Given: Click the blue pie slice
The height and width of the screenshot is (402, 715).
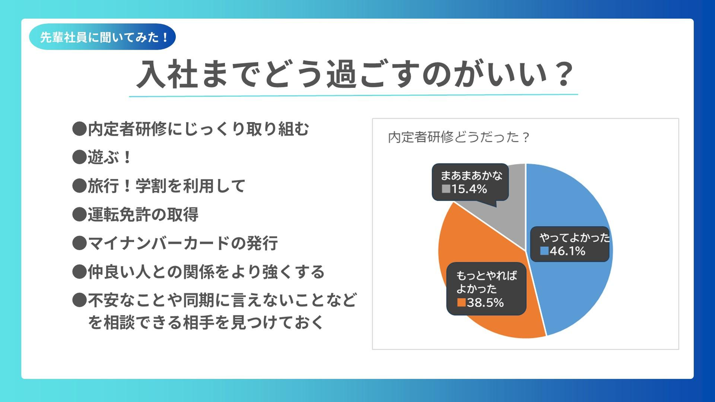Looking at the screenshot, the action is click(572, 204).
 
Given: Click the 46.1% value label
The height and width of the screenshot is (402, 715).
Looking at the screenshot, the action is click(568, 251).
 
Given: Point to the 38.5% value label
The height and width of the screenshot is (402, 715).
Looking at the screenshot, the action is click(485, 302).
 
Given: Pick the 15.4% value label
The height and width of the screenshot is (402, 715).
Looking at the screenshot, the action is click(469, 189).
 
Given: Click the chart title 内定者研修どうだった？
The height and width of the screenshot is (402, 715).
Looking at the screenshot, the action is click(459, 137).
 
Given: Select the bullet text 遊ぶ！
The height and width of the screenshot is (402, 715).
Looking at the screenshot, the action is click(109, 157).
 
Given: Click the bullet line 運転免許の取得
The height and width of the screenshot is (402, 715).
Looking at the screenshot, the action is click(143, 214).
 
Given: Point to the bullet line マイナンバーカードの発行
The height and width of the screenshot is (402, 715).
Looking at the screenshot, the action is click(183, 243).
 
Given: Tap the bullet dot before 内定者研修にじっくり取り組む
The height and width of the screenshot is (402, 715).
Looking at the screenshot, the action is click(79, 129).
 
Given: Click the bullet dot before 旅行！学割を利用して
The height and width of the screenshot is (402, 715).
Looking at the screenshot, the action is click(79, 186).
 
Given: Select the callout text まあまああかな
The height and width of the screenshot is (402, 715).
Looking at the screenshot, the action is click(472, 176).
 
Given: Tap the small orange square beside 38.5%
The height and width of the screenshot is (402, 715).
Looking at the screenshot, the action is click(462, 302).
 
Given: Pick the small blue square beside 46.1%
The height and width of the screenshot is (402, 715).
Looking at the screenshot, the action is click(544, 251).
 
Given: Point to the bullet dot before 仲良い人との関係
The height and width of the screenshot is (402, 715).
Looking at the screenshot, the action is click(79, 271).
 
